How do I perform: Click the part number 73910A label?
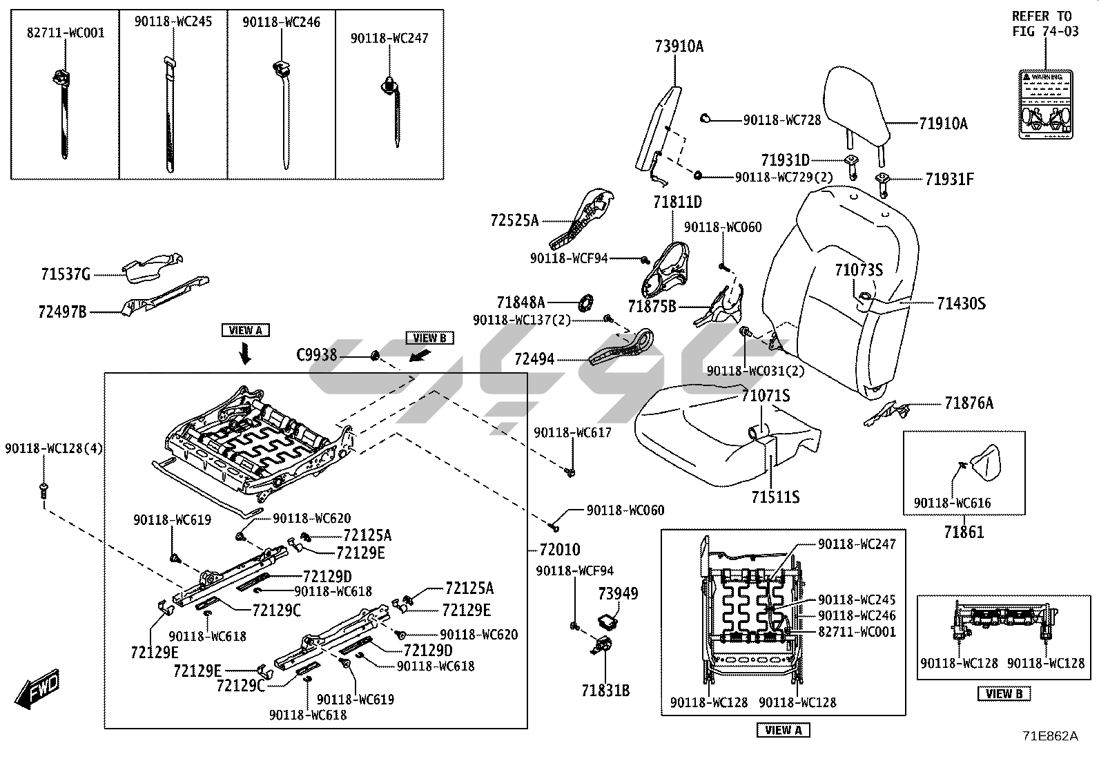point(679,47)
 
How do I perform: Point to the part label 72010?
point(559,550)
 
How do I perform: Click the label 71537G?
point(66,276)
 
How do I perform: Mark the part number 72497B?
point(62,312)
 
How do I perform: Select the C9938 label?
point(316,355)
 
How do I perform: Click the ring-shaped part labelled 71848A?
point(585,302)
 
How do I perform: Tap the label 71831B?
point(605,690)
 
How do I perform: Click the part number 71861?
point(964,532)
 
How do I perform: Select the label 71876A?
point(969,403)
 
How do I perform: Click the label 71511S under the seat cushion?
point(775,497)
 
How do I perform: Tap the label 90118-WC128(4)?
point(54,449)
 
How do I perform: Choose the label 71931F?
point(949,180)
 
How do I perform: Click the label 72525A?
point(514,221)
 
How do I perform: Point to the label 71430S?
point(961,303)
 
